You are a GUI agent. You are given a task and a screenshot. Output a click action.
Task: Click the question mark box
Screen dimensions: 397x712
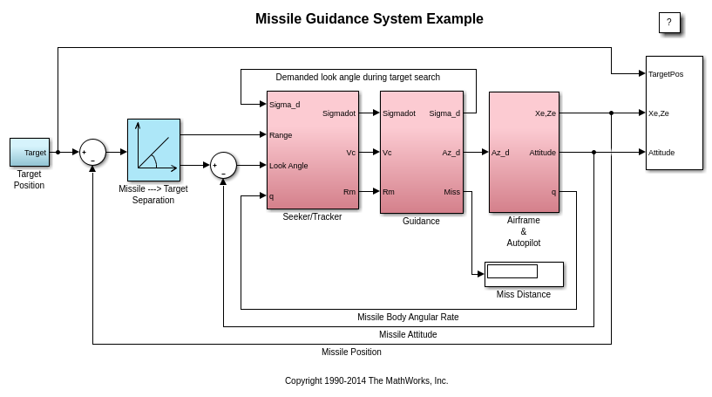pyautogui.click(x=669, y=23)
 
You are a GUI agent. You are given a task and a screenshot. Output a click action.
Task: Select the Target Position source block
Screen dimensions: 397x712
pyautogui.click(x=30, y=152)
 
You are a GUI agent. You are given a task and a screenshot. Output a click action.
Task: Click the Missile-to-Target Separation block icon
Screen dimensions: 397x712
pyautogui.click(x=153, y=150)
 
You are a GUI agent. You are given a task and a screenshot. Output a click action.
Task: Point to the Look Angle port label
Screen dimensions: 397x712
pyautogui.click(x=288, y=166)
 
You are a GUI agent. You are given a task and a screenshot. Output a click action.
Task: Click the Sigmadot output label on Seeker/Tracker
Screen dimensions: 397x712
pyautogui.click(x=338, y=113)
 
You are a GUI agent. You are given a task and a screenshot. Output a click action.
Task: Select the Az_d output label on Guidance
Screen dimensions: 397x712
pyautogui.click(x=451, y=153)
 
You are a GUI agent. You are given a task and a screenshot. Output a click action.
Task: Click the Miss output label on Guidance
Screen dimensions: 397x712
pyautogui.click(x=451, y=192)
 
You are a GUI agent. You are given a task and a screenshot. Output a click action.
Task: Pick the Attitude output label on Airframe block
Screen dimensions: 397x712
pyautogui.click(x=542, y=153)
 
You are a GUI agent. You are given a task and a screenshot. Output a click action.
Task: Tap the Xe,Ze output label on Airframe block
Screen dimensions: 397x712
pyautogui.click(x=545, y=113)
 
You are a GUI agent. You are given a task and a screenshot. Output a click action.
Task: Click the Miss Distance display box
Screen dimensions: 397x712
pyautogui.click(x=524, y=274)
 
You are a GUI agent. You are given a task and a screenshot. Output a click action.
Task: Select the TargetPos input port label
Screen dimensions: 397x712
pyautogui.click(x=666, y=74)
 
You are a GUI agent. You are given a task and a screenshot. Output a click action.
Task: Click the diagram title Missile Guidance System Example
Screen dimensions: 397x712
pyautogui.click(x=369, y=19)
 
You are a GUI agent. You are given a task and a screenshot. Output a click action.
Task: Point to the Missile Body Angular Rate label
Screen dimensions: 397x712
pyautogui.click(x=408, y=318)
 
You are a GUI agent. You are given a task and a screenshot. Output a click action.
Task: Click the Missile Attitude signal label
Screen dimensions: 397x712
pyautogui.click(x=408, y=335)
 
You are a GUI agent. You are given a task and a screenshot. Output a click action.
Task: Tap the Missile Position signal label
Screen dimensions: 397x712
pyautogui.click(x=351, y=353)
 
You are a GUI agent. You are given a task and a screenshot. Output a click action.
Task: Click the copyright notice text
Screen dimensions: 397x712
pyautogui.click(x=366, y=381)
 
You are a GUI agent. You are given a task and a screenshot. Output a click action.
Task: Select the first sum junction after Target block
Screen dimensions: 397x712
pyautogui.click(x=92, y=152)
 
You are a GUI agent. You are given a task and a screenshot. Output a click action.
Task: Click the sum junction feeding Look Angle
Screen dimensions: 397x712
pyautogui.click(x=223, y=165)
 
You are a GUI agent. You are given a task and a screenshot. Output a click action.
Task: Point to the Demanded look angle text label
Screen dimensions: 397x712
pyautogui.click(x=357, y=78)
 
